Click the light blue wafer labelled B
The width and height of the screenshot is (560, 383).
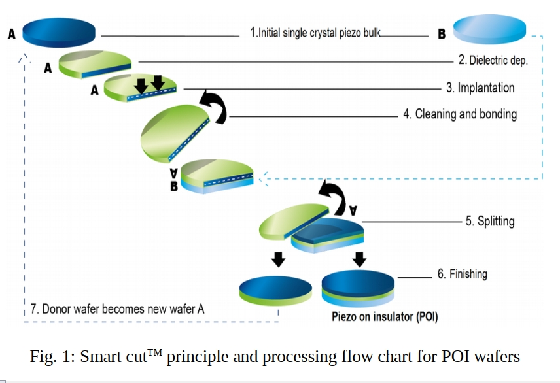coord(489,29)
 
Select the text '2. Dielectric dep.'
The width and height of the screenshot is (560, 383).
coord(493,60)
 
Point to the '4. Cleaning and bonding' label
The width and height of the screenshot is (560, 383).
coord(460,114)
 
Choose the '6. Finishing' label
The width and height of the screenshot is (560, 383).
coord(463,274)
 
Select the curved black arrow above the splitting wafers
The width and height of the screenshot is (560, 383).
coord(334,197)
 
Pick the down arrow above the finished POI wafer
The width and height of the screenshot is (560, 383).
coord(359,259)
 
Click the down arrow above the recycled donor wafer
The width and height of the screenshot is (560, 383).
coord(279,259)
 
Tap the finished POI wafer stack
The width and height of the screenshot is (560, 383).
coord(358,288)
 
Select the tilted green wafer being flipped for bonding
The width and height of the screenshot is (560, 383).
coord(173,133)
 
